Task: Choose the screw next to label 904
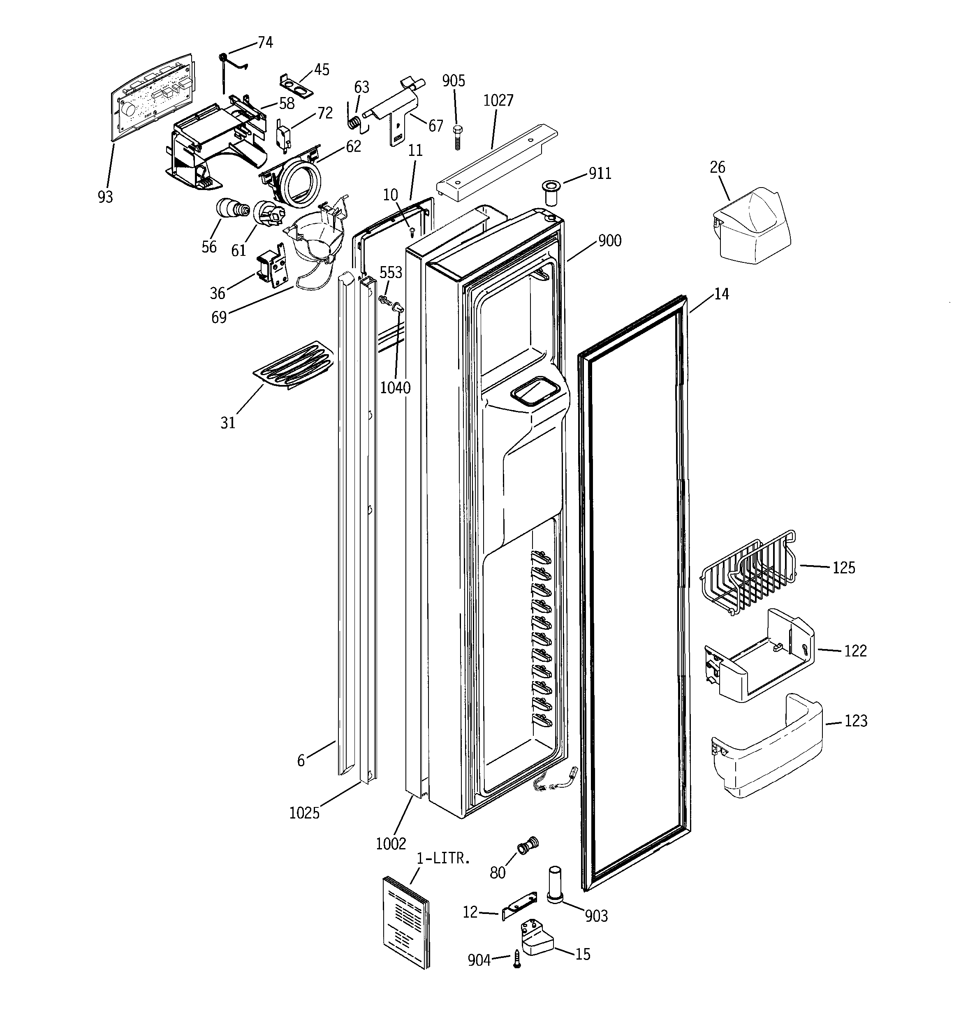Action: (517, 958)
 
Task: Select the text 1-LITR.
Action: (442, 859)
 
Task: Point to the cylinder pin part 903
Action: (556, 885)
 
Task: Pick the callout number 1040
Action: (395, 388)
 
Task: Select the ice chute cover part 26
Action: (751, 227)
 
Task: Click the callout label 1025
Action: (304, 813)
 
